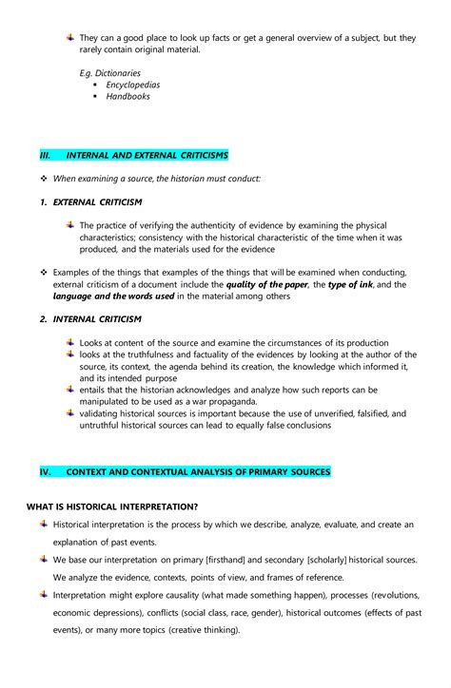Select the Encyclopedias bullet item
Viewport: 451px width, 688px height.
(x=132, y=85)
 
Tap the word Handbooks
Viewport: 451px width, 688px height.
(x=127, y=96)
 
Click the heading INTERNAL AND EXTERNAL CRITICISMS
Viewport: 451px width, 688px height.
(x=147, y=155)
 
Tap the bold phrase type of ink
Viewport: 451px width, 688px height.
(x=349, y=284)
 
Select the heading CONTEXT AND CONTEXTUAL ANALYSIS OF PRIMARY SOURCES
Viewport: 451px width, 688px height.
(x=198, y=471)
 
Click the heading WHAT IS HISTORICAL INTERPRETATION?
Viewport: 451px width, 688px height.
(x=112, y=506)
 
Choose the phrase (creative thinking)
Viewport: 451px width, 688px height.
(x=200, y=629)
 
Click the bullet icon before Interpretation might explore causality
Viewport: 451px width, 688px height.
(x=44, y=594)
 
